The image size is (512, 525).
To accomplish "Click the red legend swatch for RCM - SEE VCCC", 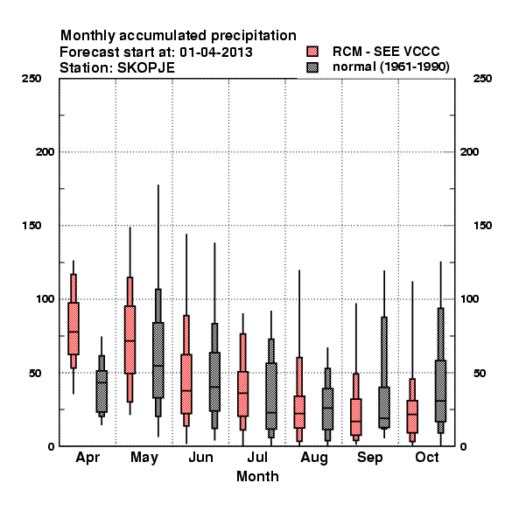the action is [312, 52].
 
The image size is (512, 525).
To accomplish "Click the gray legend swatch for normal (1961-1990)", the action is [312, 67].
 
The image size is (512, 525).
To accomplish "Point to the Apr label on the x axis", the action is [88, 458].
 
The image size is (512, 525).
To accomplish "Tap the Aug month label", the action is [314, 458].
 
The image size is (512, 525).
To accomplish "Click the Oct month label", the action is [427, 457].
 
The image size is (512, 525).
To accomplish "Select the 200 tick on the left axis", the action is [45, 152].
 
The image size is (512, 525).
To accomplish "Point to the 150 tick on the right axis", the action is [482, 226].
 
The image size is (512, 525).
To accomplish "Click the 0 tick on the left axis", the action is [51, 446].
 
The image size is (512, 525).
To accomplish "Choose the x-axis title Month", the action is [257, 477].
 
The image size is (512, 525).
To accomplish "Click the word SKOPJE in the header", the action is [146, 68].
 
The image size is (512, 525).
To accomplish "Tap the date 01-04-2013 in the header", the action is [216, 52].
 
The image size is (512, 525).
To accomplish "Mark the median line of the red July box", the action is [242, 393].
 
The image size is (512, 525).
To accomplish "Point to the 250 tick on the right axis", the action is [482, 79].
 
